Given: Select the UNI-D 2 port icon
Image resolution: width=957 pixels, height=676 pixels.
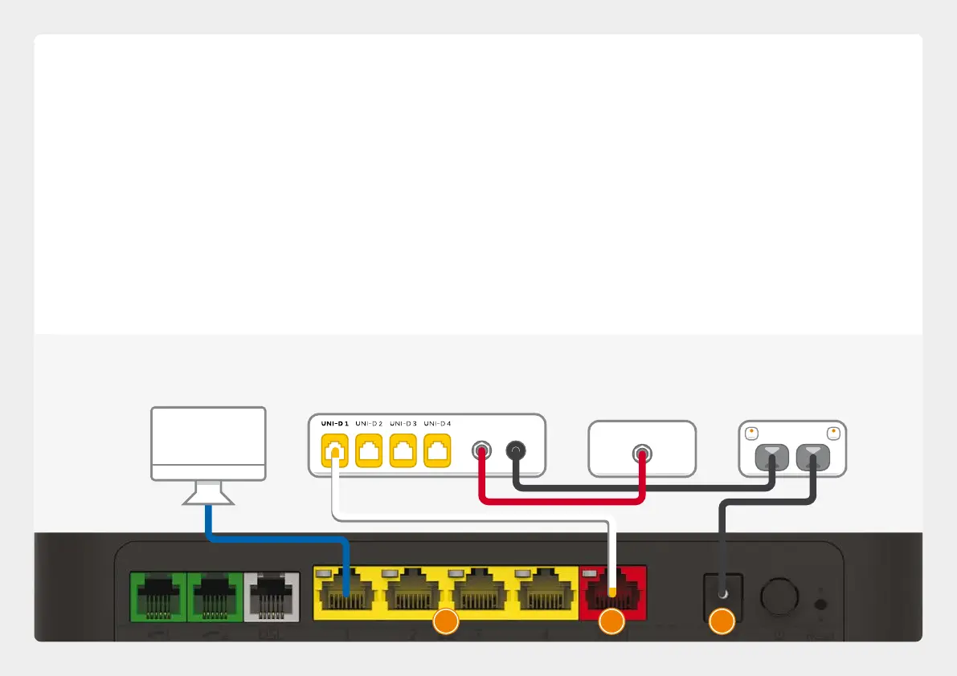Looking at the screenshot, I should point(369,450).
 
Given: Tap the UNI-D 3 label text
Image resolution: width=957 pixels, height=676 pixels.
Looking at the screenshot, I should point(403,423).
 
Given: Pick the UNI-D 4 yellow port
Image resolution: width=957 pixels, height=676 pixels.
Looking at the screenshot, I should point(437,450).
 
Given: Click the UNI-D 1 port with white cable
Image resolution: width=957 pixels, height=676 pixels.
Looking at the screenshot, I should point(334,450).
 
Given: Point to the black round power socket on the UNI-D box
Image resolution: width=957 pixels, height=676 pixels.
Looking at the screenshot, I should point(515,451).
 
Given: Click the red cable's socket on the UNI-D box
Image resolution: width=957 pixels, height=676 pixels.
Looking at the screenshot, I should point(481,451).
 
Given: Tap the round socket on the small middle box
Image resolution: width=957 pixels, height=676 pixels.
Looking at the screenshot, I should point(641,453).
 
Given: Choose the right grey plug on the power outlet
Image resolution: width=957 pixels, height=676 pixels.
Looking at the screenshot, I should point(813,457).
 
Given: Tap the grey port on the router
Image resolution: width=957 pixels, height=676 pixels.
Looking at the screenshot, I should point(272,595).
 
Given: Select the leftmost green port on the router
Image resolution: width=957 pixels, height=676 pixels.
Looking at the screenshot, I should point(157,595).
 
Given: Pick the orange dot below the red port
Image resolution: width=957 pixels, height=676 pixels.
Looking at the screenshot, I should point(612,622).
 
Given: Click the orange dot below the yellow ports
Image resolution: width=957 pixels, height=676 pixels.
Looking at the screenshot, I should point(446,622).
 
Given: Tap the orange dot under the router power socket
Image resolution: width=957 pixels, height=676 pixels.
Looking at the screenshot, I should point(722,622).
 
